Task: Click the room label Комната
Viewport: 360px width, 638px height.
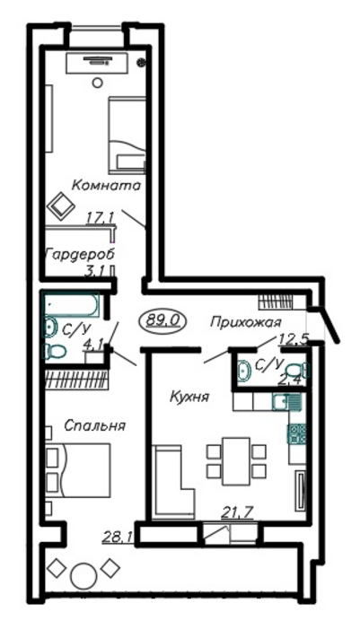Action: click(x=106, y=186)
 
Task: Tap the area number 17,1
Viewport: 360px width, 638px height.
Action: click(x=101, y=218)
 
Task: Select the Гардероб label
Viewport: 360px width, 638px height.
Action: click(x=80, y=254)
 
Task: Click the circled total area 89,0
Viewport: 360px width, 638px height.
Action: click(x=162, y=320)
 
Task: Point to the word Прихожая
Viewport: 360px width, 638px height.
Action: click(x=246, y=323)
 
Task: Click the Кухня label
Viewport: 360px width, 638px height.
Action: click(x=189, y=396)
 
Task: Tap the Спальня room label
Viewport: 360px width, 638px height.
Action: click(x=95, y=425)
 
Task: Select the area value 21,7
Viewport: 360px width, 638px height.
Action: click(x=237, y=512)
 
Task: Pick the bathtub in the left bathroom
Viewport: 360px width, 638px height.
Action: click(x=71, y=305)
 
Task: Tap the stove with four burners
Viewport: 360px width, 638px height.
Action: click(x=297, y=433)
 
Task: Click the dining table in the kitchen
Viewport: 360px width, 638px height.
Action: click(x=236, y=461)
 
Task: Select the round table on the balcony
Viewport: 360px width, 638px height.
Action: click(x=83, y=574)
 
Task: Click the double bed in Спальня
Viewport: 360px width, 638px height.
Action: click(x=78, y=470)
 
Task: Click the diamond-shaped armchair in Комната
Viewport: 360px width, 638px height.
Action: click(x=61, y=205)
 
